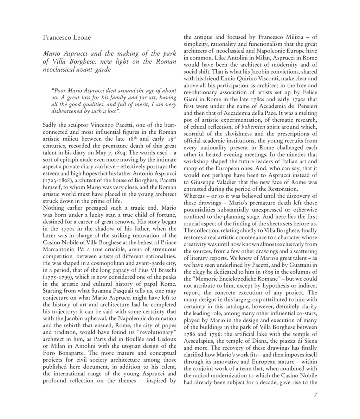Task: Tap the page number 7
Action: click(x=315, y=395)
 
